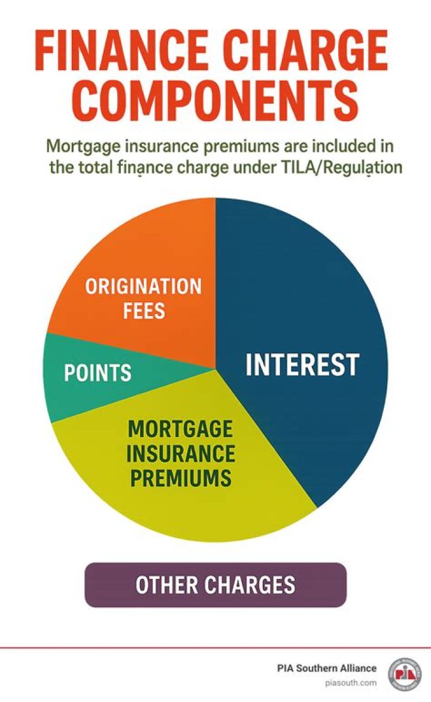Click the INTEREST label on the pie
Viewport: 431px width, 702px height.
[x=302, y=365]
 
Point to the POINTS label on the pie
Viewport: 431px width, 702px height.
[x=98, y=373]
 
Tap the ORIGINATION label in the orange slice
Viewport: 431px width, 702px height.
[x=143, y=287]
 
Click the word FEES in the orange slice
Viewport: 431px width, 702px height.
[x=144, y=312]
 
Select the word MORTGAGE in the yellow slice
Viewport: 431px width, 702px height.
[x=180, y=429]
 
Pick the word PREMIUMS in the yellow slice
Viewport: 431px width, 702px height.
[x=180, y=478]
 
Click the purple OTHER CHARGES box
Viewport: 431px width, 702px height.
[x=215, y=585]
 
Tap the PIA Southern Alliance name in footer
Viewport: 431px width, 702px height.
[x=327, y=668]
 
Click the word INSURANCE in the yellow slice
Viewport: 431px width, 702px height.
[x=180, y=454]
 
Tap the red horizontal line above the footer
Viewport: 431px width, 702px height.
[x=215, y=647]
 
